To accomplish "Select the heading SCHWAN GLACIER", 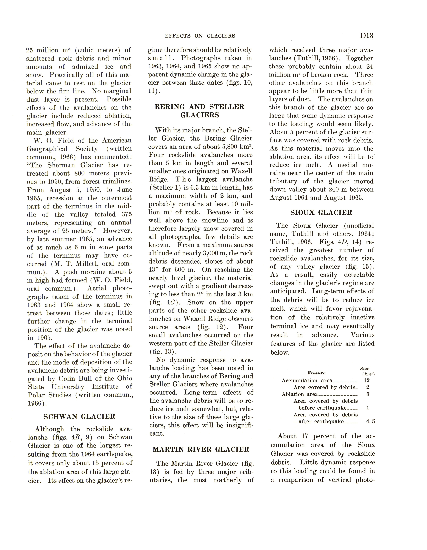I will pyautogui.click(x=79, y=417).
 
